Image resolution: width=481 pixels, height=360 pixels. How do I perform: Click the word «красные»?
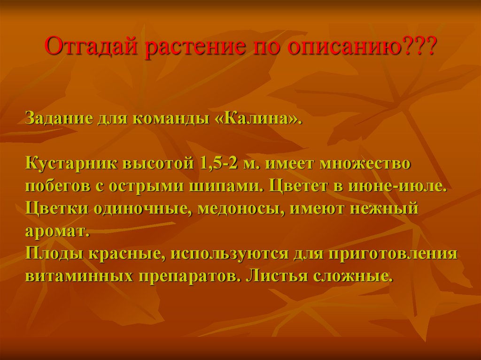pos(124,253)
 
